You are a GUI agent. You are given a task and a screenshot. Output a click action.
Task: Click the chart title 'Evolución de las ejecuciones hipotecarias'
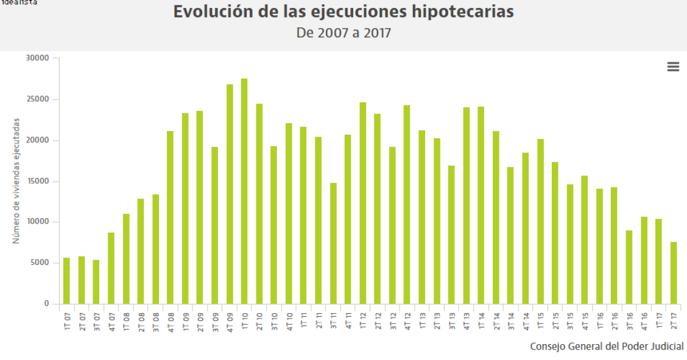click(343, 12)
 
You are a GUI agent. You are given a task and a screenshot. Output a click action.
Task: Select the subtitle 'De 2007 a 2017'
click(343, 33)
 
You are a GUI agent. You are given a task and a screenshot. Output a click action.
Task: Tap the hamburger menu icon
click(673, 67)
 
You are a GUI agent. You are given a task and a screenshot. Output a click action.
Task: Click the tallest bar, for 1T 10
click(244, 191)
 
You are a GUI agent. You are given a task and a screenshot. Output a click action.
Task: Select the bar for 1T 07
click(66, 281)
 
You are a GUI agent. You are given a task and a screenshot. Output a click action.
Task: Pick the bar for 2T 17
click(674, 273)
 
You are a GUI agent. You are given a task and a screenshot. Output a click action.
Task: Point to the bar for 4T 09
click(230, 194)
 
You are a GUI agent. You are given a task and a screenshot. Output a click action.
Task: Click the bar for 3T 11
click(333, 243)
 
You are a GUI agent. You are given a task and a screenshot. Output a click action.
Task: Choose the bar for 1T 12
click(363, 203)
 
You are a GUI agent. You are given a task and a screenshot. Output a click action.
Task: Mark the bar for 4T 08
click(171, 217)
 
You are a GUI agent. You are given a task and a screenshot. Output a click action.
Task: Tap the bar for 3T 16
click(629, 267)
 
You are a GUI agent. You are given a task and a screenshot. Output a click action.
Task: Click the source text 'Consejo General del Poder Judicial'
click(607, 347)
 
